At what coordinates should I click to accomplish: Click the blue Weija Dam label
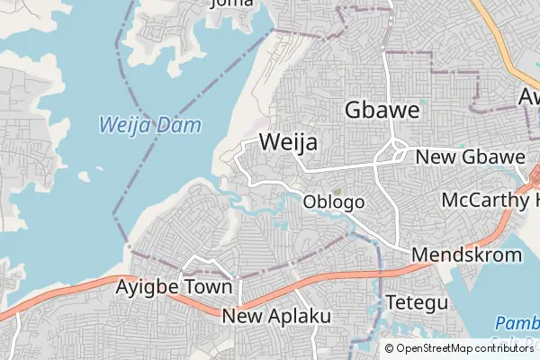click(x=149, y=125)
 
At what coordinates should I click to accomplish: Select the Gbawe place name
click(x=382, y=111)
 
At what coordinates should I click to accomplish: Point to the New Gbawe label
click(x=470, y=157)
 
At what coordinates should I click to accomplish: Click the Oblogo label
click(x=334, y=202)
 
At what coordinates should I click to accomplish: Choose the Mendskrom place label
click(x=466, y=255)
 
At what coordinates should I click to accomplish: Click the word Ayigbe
click(x=149, y=288)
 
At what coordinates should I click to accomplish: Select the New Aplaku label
click(x=276, y=317)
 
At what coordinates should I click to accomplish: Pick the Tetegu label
click(x=416, y=302)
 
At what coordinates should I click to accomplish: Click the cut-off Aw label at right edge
click(x=529, y=96)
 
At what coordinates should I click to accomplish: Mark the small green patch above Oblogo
click(x=337, y=191)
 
